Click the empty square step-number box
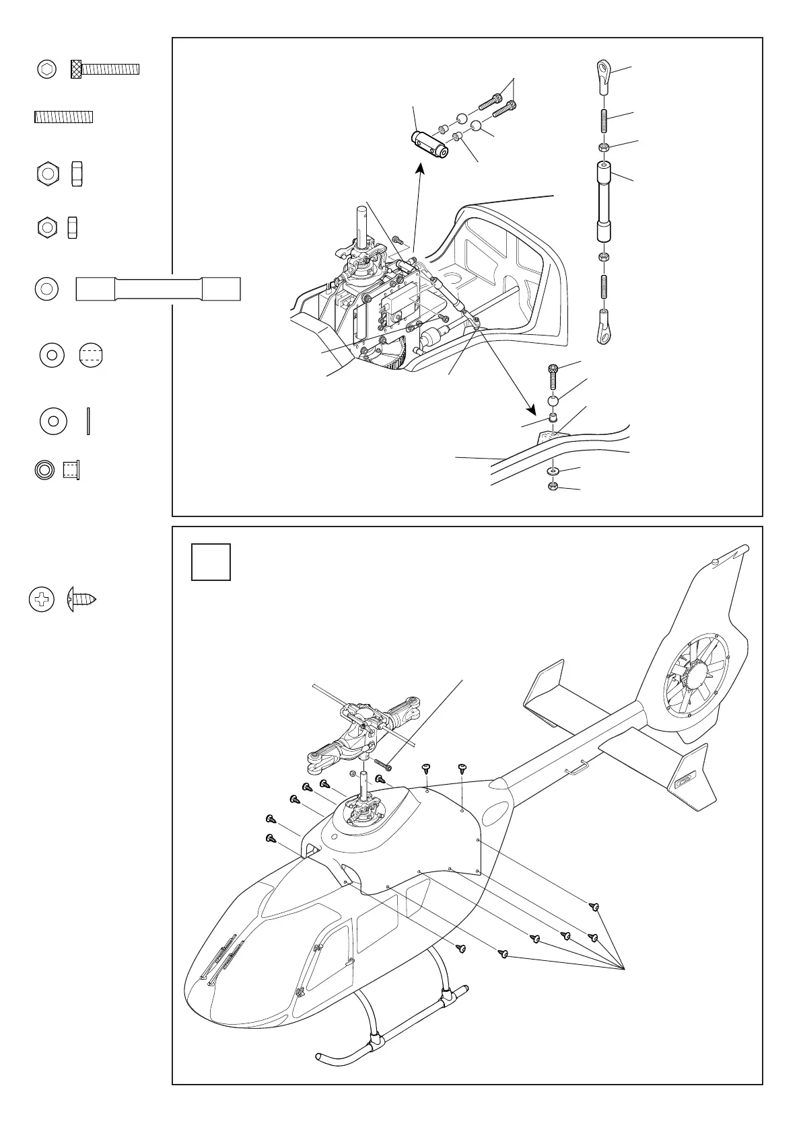(x=211, y=561)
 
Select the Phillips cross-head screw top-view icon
(x=42, y=600)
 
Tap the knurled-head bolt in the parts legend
(x=105, y=69)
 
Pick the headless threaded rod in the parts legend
(x=63, y=117)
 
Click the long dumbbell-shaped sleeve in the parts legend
(x=158, y=289)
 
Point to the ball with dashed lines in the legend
(x=91, y=355)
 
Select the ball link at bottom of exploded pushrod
(x=603, y=325)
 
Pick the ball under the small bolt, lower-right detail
(x=553, y=402)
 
